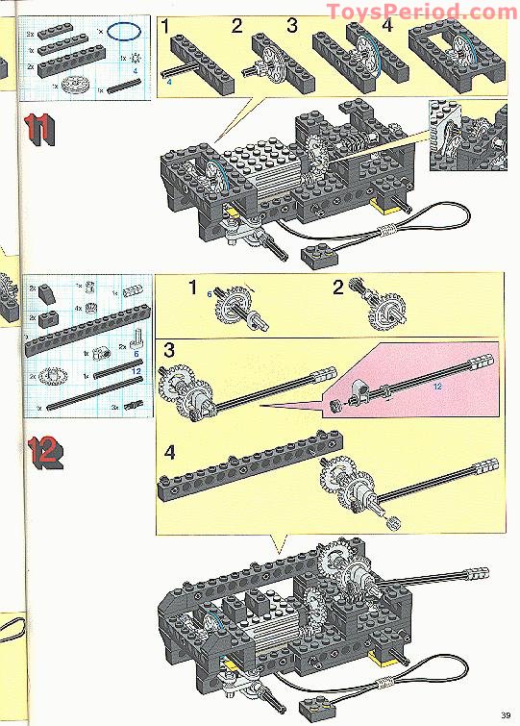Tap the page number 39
[505, 713]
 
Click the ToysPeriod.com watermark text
[422, 12]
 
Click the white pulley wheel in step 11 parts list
[73, 86]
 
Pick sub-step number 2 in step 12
[337, 287]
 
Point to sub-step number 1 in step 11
[167, 26]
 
